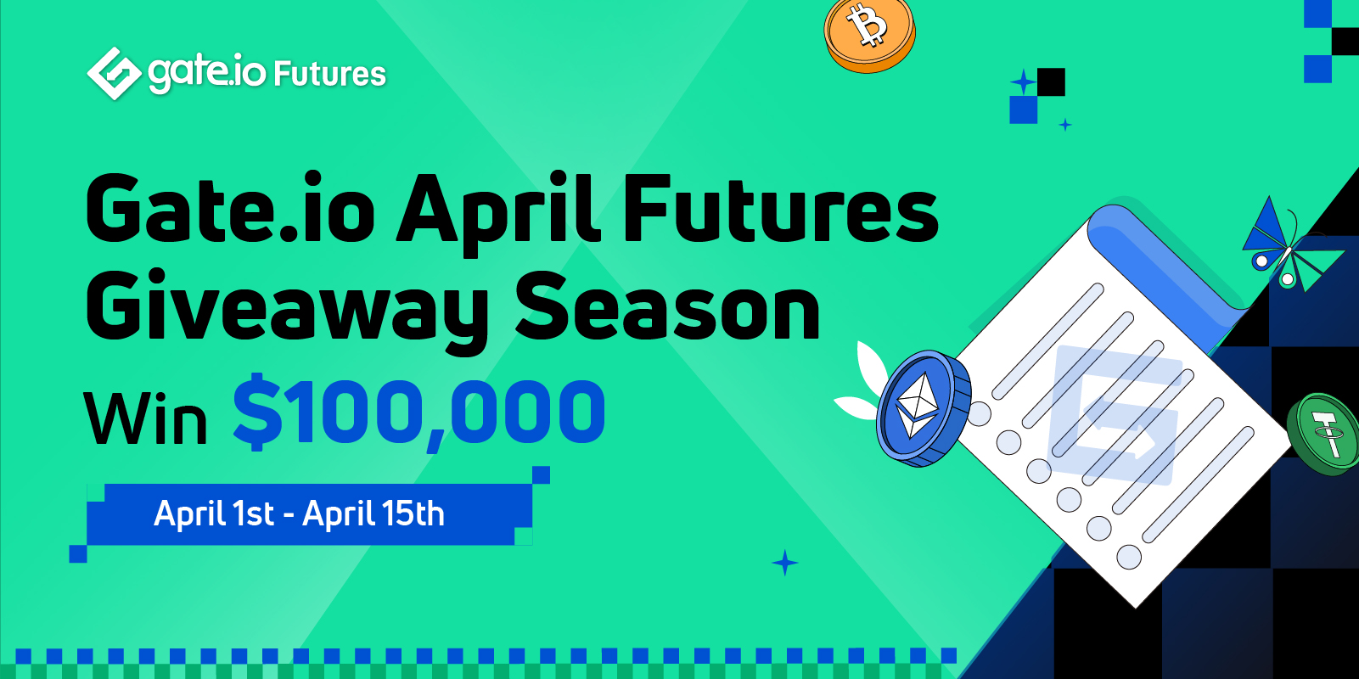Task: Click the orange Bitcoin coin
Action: point(869,33)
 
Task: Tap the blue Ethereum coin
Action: point(924,407)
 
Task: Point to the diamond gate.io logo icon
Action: point(114,73)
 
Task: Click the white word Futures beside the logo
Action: point(329,74)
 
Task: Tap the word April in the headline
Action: point(497,210)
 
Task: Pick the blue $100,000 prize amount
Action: point(419,412)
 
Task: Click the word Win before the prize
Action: point(146,418)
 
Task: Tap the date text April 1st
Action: point(214,513)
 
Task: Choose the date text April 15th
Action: point(373,513)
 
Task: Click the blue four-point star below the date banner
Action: point(784,563)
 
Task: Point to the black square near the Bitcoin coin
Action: point(1051,82)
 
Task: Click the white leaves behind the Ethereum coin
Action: point(862,382)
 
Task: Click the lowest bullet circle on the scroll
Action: point(1129,557)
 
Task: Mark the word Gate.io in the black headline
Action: point(231,208)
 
